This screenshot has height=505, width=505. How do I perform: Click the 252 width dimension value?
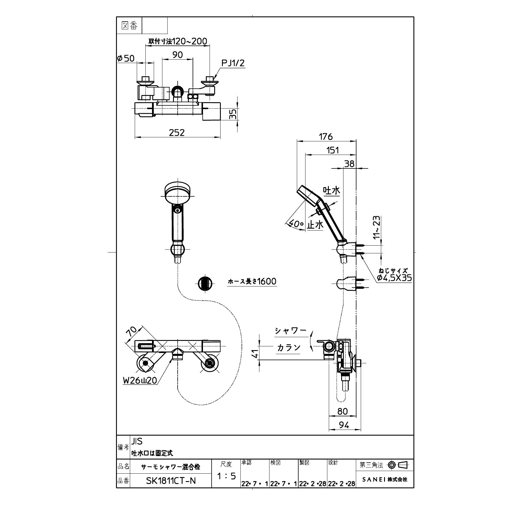[x=177, y=132]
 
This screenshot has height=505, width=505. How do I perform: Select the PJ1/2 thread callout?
[x=233, y=63]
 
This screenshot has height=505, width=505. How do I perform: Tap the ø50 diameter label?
[x=126, y=58]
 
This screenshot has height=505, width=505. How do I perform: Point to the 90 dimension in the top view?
[x=177, y=54]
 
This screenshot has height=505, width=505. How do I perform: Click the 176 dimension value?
[x=326, y=136]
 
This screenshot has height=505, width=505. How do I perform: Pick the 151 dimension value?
[x=333, y=150]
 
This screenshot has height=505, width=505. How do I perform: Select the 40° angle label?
[x=296, y=223]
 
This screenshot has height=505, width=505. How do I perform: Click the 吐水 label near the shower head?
[x=331, y=190]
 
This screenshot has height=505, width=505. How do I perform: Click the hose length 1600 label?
[x=252, y=281]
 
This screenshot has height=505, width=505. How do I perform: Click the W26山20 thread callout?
[x=140, y=380]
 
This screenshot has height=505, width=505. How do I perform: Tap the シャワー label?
[x=290, y=331]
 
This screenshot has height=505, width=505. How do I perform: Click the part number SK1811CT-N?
[x=171, y=481]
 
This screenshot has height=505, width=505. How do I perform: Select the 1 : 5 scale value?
[x=226, y=476]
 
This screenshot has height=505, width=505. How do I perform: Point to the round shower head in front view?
[x=178, y=193]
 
